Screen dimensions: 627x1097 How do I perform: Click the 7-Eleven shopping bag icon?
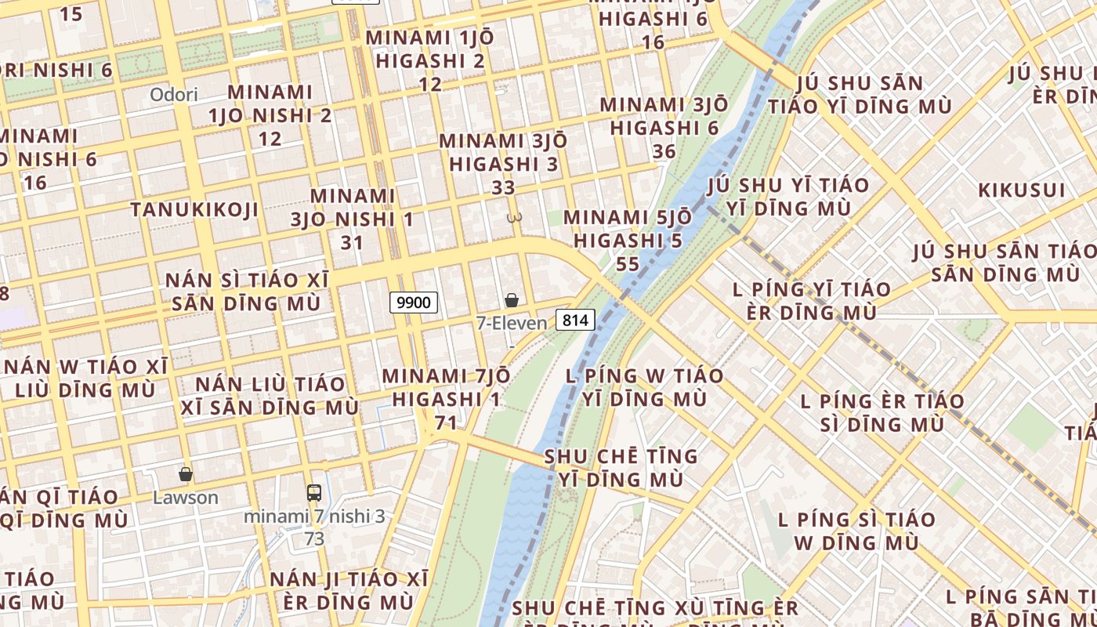coord(512,300)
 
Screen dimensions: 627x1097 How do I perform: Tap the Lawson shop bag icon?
coord(186,474)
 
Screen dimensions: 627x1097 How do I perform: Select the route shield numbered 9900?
coord(414,302)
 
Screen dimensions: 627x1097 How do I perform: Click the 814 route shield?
coord(576,320)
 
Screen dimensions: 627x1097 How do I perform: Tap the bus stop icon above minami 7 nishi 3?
coord(314,493)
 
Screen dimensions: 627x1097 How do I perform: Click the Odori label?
coord(174,95)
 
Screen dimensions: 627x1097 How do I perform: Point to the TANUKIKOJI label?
coord(194,210)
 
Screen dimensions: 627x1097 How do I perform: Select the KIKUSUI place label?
coord(1022,190)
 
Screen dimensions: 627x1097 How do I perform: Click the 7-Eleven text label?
coord(512,323)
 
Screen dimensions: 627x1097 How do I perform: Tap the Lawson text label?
coord(186,498)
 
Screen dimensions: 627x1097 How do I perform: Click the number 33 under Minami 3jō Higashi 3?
coord(504,188)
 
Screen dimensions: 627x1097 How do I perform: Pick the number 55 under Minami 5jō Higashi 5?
coord(628,264)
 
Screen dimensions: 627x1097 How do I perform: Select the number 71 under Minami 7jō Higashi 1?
coord(446,423)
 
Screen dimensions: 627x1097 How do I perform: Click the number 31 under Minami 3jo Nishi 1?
coord(352,243)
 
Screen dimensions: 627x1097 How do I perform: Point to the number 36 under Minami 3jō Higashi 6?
coord(664,151)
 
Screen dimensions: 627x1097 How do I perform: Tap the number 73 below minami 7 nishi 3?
coord(314,539)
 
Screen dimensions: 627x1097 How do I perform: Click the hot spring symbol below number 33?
coord(514,217)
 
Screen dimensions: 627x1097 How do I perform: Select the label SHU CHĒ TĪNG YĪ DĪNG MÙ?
coord(621,468)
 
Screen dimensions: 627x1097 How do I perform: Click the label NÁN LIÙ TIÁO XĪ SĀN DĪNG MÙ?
coord(270,396)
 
